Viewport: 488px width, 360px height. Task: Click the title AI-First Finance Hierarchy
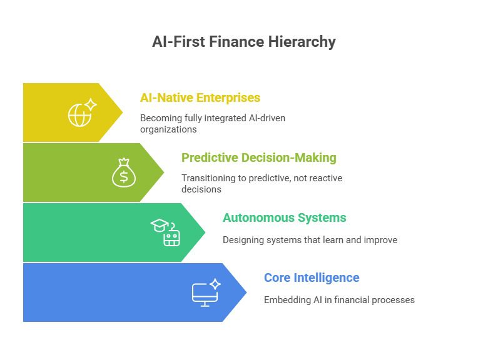(244, 42)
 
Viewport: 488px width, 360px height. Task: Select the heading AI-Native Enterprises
(200, 98)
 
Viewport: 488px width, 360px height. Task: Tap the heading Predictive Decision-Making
(258, 157)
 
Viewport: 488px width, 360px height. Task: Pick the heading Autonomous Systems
(284, 217)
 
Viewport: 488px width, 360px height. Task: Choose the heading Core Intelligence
(311, 277)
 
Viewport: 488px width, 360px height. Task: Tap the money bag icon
(124, 173)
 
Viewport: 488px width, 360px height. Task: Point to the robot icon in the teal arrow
(172, 237)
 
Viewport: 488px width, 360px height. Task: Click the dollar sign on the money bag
(124, 177)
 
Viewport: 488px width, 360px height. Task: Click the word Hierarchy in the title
(303, 42)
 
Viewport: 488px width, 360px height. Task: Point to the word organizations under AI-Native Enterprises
(168, 129)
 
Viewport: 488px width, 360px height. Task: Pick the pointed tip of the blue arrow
(246, 292)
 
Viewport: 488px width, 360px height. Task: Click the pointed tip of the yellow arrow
(122, 112)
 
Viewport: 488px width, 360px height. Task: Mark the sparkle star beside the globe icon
(91, 104)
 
